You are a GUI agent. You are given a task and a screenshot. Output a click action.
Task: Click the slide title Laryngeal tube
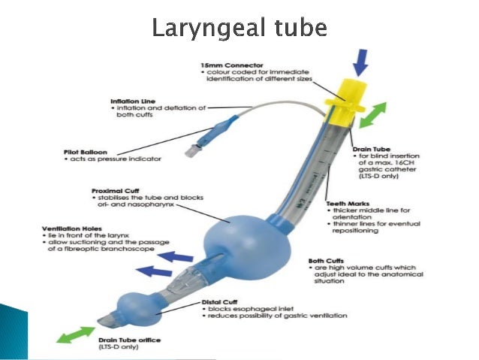[239, 28]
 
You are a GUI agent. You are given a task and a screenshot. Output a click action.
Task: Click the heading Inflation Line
[134, 101]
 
